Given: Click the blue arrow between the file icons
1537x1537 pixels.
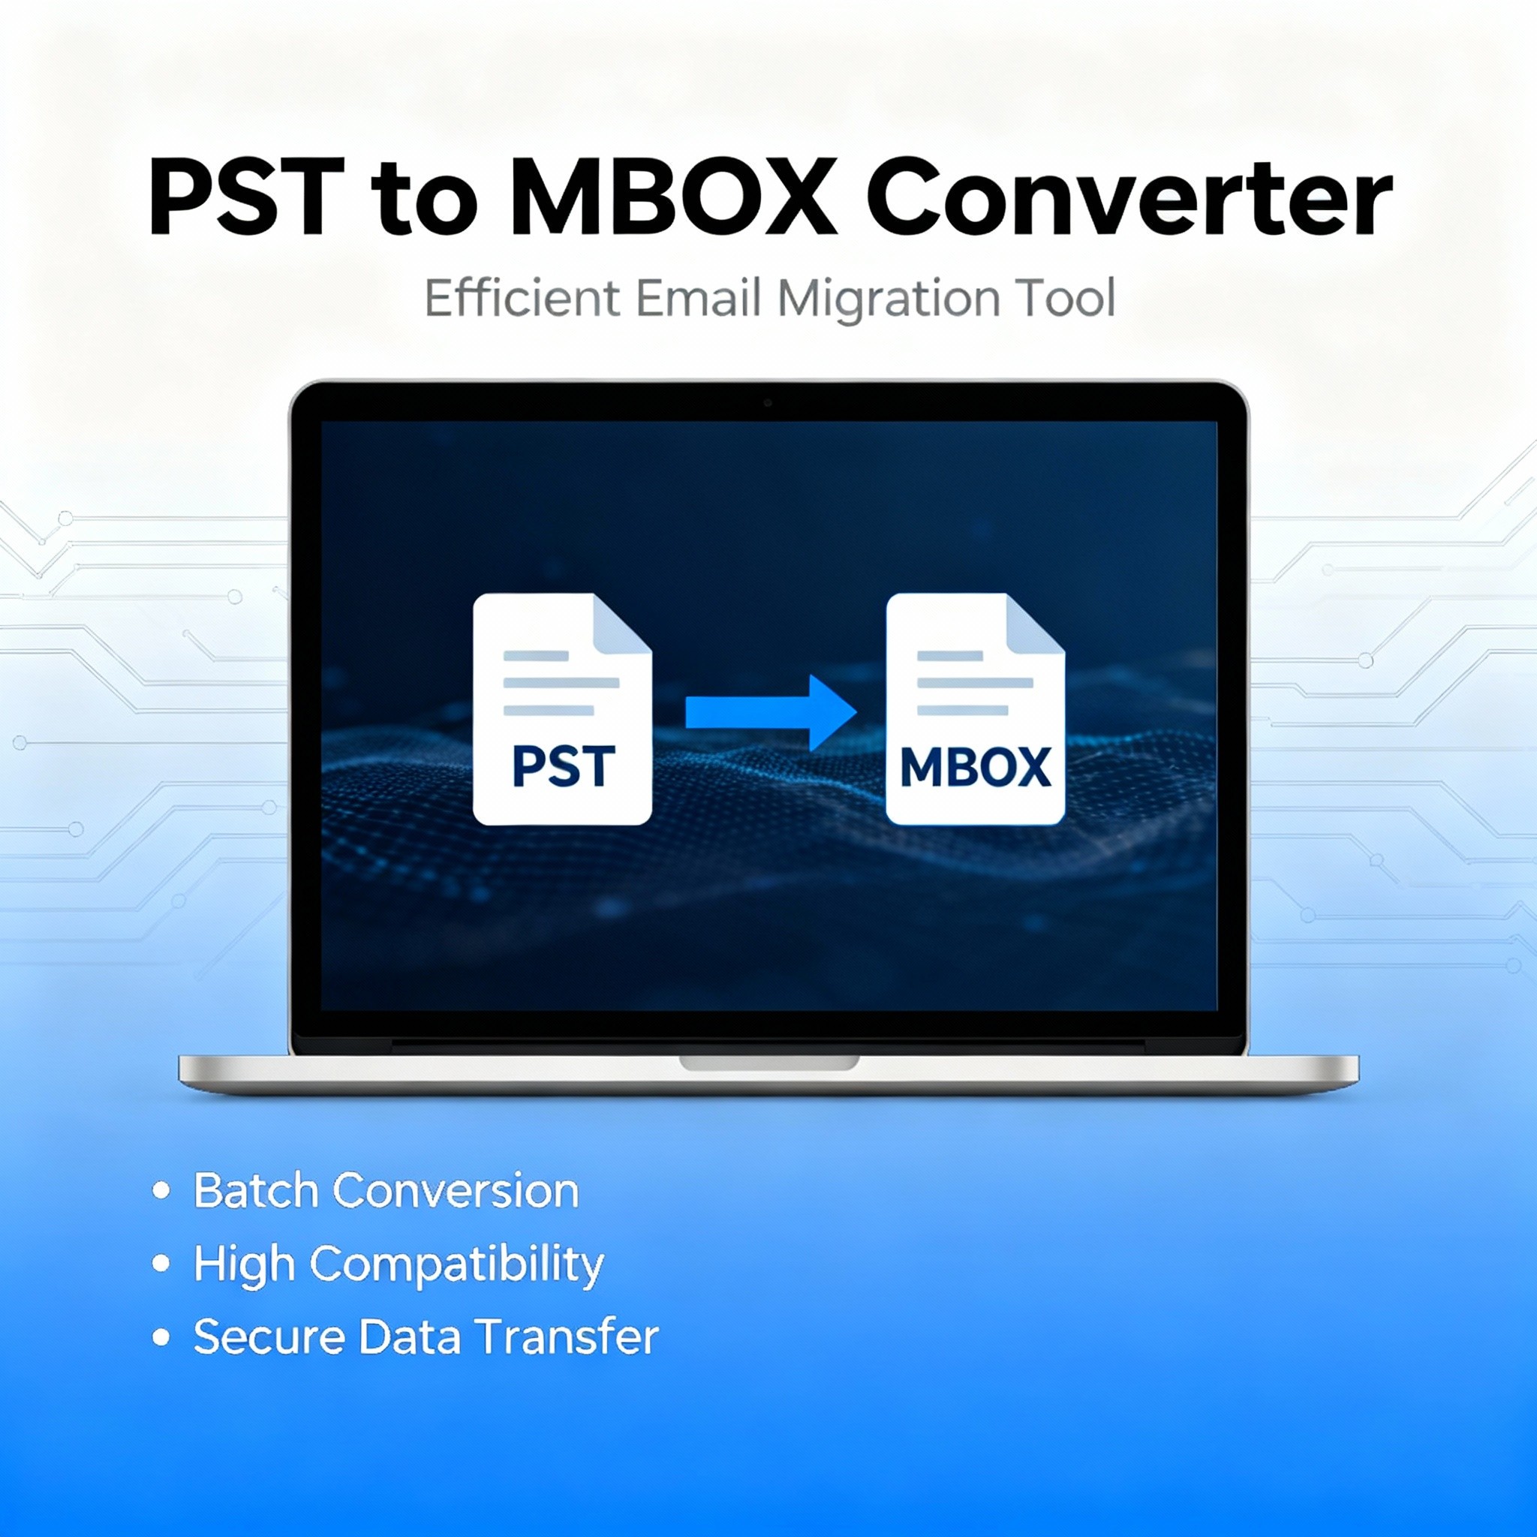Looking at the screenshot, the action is tap(770, 713).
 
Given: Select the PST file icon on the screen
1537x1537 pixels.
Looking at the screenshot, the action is tap(562, 708).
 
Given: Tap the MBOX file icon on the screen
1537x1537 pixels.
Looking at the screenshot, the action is tap(976, 708).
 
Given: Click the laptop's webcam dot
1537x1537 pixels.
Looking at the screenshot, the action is tap(768, 403).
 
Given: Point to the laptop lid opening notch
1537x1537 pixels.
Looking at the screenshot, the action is tap(768, 1063).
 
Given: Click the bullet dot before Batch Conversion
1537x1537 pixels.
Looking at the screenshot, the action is tap(161, 1191).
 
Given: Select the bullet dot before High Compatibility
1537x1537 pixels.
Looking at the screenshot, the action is tap(161, 1264).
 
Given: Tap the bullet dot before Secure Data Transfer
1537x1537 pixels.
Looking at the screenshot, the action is tap(161, 1337).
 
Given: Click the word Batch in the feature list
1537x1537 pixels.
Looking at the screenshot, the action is tap(256, 1191).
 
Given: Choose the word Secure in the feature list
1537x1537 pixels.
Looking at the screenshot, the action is tap(269, 1337).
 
